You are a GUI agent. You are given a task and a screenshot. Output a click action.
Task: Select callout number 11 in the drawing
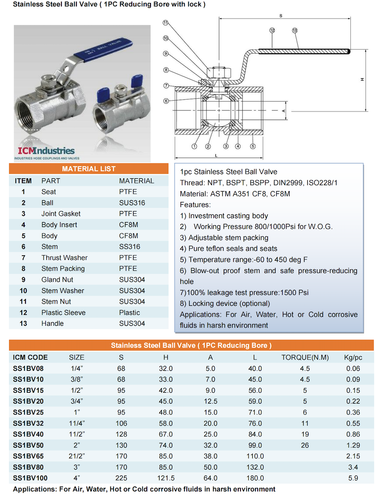[x=165, y=22]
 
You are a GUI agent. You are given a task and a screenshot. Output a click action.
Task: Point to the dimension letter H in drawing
[x=362, y=79]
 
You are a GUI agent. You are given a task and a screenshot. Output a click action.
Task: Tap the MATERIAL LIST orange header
[x=89, y=169]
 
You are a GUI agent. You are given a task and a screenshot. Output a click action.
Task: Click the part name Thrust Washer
[x=64, y=258]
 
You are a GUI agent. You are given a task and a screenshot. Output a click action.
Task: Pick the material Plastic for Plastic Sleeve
[x=129, y=313]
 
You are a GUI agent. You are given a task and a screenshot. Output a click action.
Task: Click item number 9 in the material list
[x=23, y=279]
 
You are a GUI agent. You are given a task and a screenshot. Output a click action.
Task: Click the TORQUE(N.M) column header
[x=305, y=357]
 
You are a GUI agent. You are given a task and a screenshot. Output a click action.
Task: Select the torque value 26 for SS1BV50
[x=305, y=445]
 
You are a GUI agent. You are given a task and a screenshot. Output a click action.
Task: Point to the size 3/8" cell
[x=76, y=379]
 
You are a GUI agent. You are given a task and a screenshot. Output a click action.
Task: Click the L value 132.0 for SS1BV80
[x=255, y=467]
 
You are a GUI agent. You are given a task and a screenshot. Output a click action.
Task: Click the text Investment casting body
[x=228, y=216]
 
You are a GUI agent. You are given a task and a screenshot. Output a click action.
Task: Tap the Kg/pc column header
[x=353, y=357]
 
